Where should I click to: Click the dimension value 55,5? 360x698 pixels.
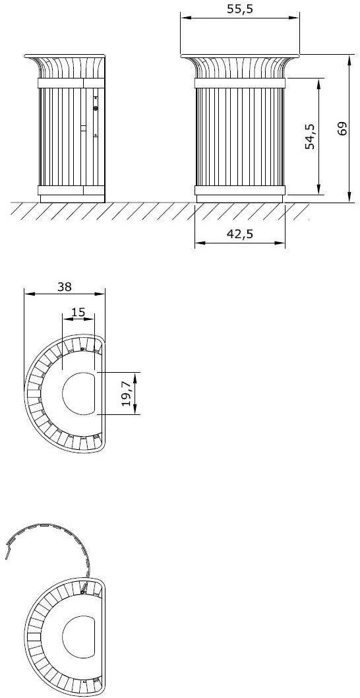[240, 9]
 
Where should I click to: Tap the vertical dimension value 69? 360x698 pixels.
[342, 128]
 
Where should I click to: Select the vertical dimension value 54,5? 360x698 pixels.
[311, 136]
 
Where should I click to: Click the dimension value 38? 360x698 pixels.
[64, 286]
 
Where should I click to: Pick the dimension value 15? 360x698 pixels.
[78, 311]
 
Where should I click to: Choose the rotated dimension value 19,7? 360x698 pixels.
[127, 394]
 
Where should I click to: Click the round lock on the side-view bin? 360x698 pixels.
[96, 108]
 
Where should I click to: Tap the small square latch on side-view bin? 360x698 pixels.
[83, 127]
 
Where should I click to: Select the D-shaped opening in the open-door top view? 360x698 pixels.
[80, 637]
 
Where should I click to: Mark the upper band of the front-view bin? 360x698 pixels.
[240, 83]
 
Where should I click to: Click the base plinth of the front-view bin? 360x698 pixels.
[240, 198]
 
